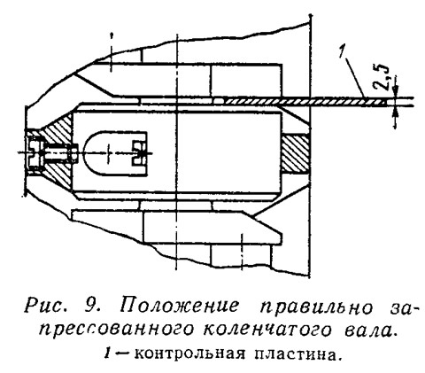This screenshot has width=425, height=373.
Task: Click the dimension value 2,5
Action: [x=381, y=77]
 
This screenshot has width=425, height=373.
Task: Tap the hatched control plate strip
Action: [x=305, y=102]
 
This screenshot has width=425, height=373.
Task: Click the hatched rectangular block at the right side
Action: [x=295, y=153]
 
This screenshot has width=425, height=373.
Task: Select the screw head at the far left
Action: [x=35, y=153]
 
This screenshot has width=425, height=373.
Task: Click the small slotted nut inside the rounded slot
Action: [x=139, y=152]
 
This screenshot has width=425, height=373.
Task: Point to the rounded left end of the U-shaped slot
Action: [x=91, y=153]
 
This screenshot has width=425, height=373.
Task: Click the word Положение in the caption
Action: [x=179, y=307]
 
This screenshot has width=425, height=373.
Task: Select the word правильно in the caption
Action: [x=316, y=308]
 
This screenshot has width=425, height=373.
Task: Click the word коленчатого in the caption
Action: [x=267, y=330]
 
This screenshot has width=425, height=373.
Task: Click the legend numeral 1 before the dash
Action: [x=108, y=354]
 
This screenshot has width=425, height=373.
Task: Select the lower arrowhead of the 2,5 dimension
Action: [x=396, y=112]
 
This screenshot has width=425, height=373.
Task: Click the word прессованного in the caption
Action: [x=117, y=330]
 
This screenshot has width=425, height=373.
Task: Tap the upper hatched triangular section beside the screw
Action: [x=59, y=130]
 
